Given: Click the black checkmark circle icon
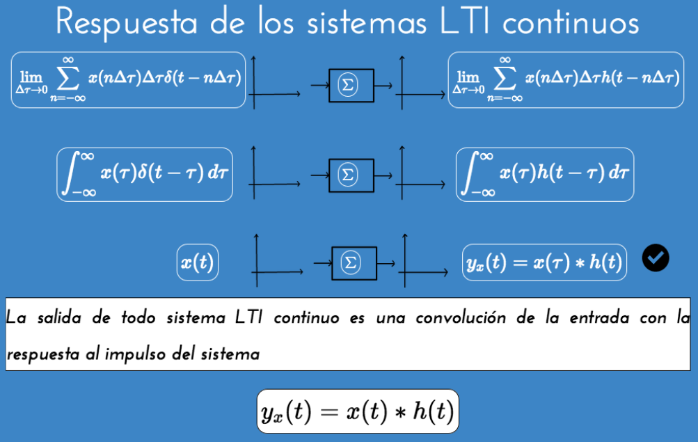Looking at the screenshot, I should click(x=655, y=258).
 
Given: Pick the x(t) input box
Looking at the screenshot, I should click(x=198, y=263).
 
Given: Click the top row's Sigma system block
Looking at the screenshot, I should click(x=351, y=86).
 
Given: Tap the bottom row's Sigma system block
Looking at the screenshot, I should click(x=354, y=263).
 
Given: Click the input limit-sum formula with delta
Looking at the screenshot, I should click(x=129, y=79).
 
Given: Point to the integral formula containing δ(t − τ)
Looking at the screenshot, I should click(x=145, y=174).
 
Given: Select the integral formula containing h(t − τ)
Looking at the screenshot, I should click(x=545, y=174).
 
